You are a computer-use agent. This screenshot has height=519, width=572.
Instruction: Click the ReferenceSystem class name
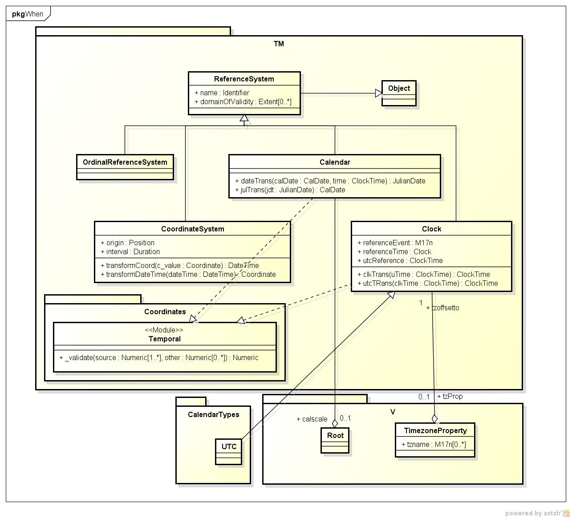[244, 79]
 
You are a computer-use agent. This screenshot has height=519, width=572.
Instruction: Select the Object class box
[399, 93]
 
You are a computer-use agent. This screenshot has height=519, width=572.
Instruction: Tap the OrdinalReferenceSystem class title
[125, 162]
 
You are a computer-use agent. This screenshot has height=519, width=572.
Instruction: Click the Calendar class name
[335, 162]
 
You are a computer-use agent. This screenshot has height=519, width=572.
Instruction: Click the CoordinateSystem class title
[193, 229]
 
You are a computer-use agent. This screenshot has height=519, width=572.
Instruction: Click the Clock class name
[431, 229]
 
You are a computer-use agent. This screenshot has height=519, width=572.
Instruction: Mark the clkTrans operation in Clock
[426, 275]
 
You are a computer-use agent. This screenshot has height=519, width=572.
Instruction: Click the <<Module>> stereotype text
[164, 330]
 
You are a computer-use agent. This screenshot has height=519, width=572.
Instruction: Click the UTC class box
[229, 451]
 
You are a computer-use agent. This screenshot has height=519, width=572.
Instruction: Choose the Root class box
[335, 440]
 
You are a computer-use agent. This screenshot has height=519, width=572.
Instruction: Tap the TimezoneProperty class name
[435, 431]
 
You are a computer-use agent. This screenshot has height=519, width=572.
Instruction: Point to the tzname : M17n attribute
[434, 445]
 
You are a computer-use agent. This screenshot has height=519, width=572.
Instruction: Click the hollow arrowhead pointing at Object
[378, 93]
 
